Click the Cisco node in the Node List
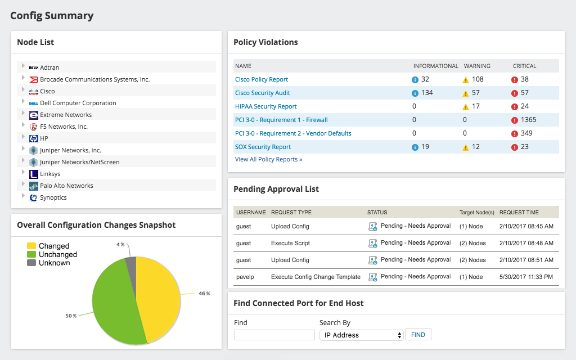(47, 91)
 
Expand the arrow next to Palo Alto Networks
(23, 184)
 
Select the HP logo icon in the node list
(33, 138)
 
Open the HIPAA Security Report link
(265, 106)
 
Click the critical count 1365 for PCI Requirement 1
(528, 120)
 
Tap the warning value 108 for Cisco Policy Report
(478, 79)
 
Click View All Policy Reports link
(268, 159)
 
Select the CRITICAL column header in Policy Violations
(524, 66)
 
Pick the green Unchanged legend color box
(31, 254)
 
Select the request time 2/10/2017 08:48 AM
(526, 243)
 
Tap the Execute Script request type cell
(290, 243)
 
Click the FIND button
(418, 335)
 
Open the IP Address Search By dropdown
(361, 335)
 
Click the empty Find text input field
(274, 335)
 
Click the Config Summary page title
(52, 16)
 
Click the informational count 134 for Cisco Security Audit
(427, 93)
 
